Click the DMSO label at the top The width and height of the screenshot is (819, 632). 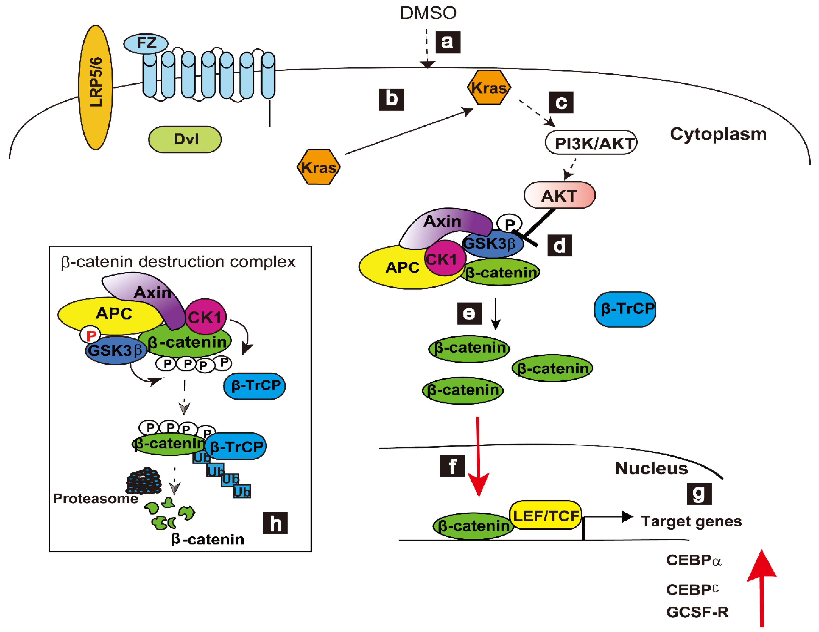click(428, 13)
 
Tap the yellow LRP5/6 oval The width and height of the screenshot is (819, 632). click(96, 87)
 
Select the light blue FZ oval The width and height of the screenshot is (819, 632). click(146, 43)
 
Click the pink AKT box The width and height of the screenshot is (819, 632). click(559, 195)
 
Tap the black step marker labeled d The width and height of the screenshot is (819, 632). click(559, 246)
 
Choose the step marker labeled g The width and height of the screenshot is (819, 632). click(699, 494)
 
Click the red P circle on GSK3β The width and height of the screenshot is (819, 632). click(90, 335)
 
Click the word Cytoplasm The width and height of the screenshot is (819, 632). click(718, 134)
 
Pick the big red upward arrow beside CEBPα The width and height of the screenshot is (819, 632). click(762, 589)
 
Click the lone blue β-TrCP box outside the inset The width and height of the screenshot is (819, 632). click(625, 309)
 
